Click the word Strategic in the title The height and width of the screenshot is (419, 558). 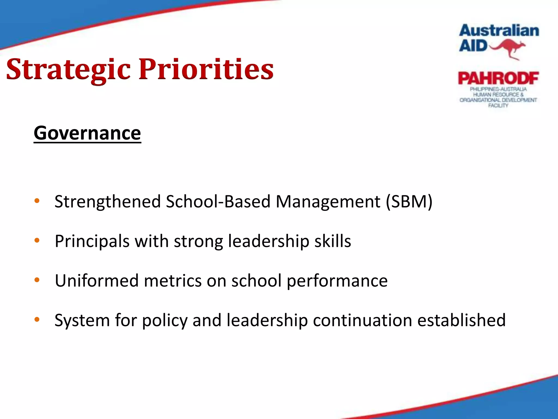(x=68, y=70)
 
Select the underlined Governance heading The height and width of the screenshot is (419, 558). (x=87, y=133)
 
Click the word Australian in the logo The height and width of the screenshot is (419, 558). (x=499, y=31)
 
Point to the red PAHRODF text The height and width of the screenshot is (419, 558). (x=498, y=79)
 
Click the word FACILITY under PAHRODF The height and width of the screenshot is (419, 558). (x=498, y=106)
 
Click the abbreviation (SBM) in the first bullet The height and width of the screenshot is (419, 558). (x=409, y=202)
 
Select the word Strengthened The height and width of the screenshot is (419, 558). (x=108, y=202)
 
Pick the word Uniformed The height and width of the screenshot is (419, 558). (x=97, y=281)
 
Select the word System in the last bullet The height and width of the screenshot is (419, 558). (x=82, y=321)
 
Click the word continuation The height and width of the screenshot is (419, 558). (x=362, y=320)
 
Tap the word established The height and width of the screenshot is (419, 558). (x=462, y=320)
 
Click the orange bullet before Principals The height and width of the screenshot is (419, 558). (x=37, y=241)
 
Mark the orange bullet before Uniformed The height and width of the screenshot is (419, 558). (x=37, y=280)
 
